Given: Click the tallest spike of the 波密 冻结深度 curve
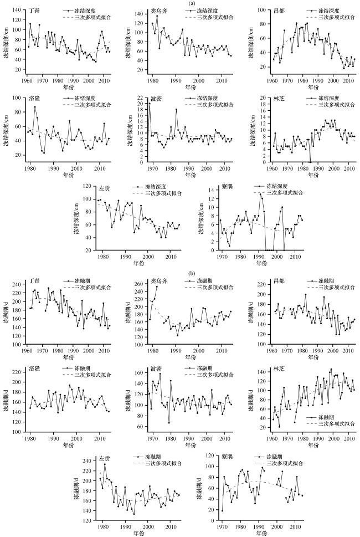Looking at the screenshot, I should point(149,104).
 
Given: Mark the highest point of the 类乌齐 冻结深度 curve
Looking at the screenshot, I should point(157,16).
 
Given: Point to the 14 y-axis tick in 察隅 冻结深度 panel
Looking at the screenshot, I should point(208,190).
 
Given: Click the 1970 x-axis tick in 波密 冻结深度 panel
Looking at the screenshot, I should point(152,168).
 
